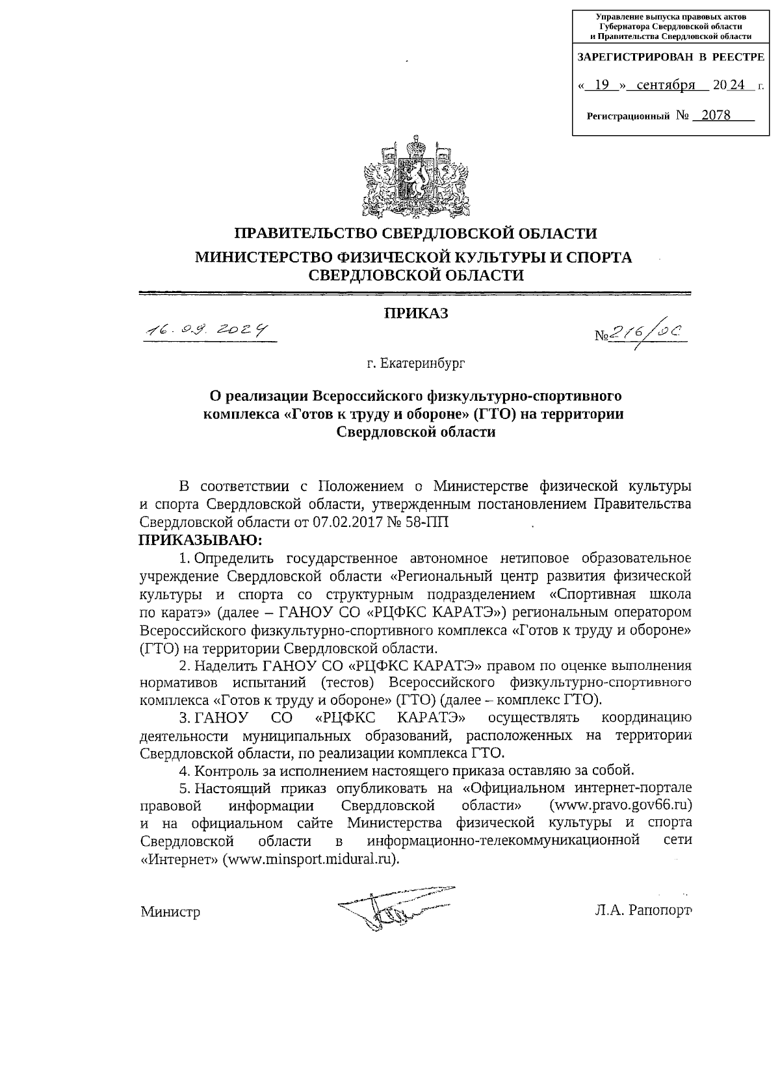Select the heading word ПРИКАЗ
tap(415, 313)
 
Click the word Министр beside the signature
tap(170, 912)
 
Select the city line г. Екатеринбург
tap(415, 363)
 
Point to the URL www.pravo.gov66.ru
tap(620, 805)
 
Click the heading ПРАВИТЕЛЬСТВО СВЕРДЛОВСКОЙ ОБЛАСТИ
tap(415, 233)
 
